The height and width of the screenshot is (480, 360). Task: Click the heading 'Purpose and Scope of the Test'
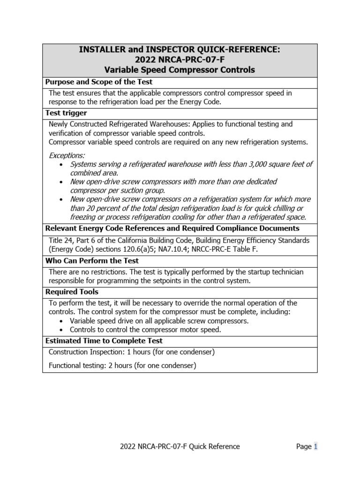pos(98,82)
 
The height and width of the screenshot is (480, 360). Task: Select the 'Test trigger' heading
pos(66,113)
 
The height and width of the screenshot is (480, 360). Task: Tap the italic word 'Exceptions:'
pos(67,155)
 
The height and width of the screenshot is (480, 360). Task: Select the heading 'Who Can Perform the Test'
pos(92,261)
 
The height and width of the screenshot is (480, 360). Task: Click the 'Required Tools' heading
pos(72,292)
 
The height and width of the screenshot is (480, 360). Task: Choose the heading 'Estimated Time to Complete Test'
pos(104,341)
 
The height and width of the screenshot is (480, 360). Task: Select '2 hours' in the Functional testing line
pos(120,366)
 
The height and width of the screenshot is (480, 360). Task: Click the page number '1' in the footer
pos(315,447)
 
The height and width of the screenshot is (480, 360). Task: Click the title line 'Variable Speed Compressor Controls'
pos(180,70)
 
